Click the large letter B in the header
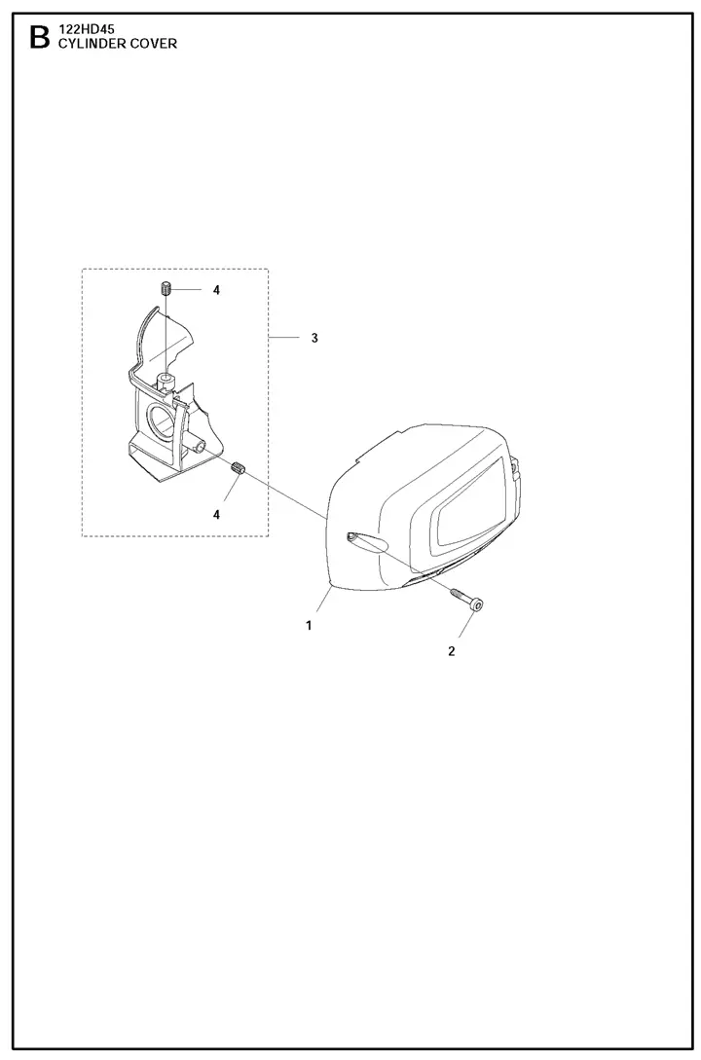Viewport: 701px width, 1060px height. pos(40,38)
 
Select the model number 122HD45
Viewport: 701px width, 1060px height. pos(87,30)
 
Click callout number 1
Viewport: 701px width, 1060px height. pos(309,625)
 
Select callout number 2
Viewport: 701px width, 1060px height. pos(451,651)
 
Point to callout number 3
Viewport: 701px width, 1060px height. pos(314,338)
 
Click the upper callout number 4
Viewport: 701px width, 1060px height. pos(216,290)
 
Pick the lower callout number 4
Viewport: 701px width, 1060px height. pos(216,515)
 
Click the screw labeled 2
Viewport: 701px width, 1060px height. pos(466,599)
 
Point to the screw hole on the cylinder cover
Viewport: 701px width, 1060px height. pos(350,536)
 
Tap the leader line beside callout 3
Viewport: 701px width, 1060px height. pos(284,338)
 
